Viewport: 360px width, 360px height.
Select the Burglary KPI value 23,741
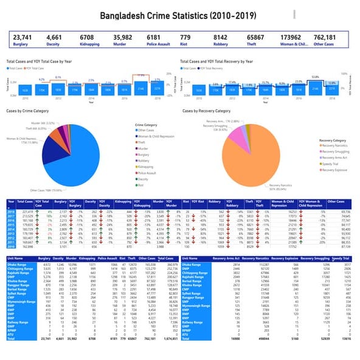pos(22,38)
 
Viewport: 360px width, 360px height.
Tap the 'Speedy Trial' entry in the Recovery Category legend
pos(331,164)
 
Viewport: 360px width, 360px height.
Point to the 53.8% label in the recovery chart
pos(316,77)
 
